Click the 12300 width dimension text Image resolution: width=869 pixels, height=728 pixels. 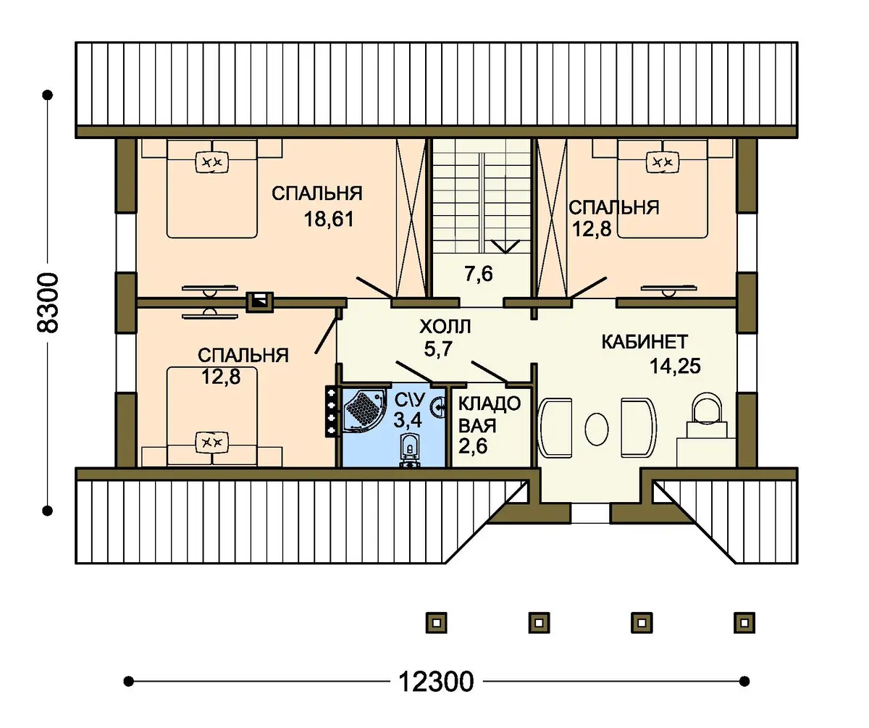[x=436, y=681]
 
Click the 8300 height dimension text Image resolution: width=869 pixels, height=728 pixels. [x=48, y=303]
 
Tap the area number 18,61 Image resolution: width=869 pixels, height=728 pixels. [x=328, y=219]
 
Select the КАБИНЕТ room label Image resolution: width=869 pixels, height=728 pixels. [x=645, y=342]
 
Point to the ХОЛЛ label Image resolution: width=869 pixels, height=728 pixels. [x=445, y=327]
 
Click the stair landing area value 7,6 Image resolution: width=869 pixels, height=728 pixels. [x=479, y=274]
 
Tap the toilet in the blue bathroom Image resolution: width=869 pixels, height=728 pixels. [x=410, y=450]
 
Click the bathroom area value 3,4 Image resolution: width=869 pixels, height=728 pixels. [x=408, y=420]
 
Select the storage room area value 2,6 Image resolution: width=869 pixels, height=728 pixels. [x=473, y=446]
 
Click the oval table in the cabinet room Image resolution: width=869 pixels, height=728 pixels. [x=597, y=429]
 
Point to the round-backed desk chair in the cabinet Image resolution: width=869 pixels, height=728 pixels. [x=706, y=409]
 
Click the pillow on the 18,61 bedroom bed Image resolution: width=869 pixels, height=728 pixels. [x=212, y=162]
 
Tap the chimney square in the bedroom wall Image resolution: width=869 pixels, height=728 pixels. [x=260, y=302]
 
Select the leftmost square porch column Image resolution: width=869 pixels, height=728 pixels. [x=436, y=623]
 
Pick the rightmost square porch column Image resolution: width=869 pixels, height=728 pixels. [x=744, y=623]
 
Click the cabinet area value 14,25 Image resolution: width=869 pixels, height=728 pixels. [x=675, y=367]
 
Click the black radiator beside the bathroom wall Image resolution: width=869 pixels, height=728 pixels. [x=332, y=411]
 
